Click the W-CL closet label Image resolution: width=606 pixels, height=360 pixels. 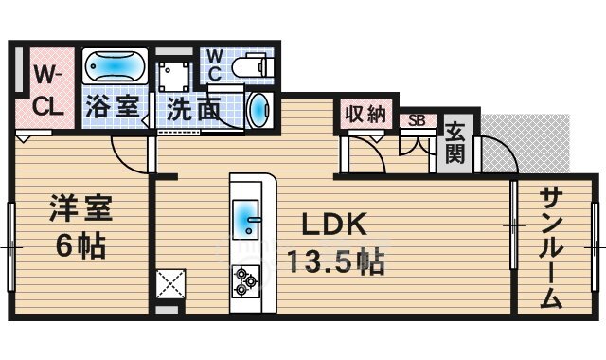46,90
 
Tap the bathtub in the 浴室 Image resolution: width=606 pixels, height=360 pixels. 114,67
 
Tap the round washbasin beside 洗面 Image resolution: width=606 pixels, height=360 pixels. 258,110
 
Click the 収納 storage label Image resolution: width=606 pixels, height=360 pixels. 365,115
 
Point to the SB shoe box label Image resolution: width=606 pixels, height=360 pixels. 415,121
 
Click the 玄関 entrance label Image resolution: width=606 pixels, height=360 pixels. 455,143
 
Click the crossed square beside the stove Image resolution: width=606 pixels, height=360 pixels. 170,284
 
